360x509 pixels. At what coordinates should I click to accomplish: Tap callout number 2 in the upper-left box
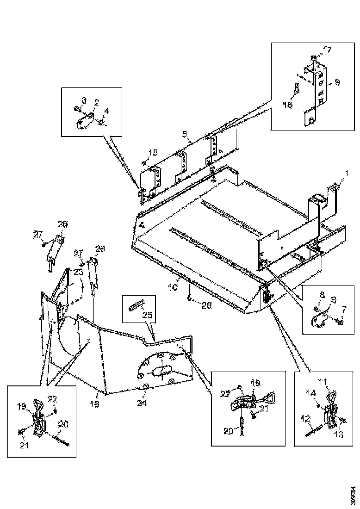(97, 103)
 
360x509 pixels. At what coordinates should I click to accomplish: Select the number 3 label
(84, 100)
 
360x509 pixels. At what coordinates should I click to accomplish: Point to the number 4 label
(107, 111)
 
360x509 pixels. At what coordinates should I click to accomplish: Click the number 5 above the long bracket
(185, 135)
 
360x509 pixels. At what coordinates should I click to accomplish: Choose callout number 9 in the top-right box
(337, 82)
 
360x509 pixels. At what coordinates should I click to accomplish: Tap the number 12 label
(305, 419)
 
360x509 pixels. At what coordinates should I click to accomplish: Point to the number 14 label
(312, 392)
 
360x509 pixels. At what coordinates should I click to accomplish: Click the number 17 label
(328, 49)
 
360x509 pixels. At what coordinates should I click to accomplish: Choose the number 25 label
(148, 315)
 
